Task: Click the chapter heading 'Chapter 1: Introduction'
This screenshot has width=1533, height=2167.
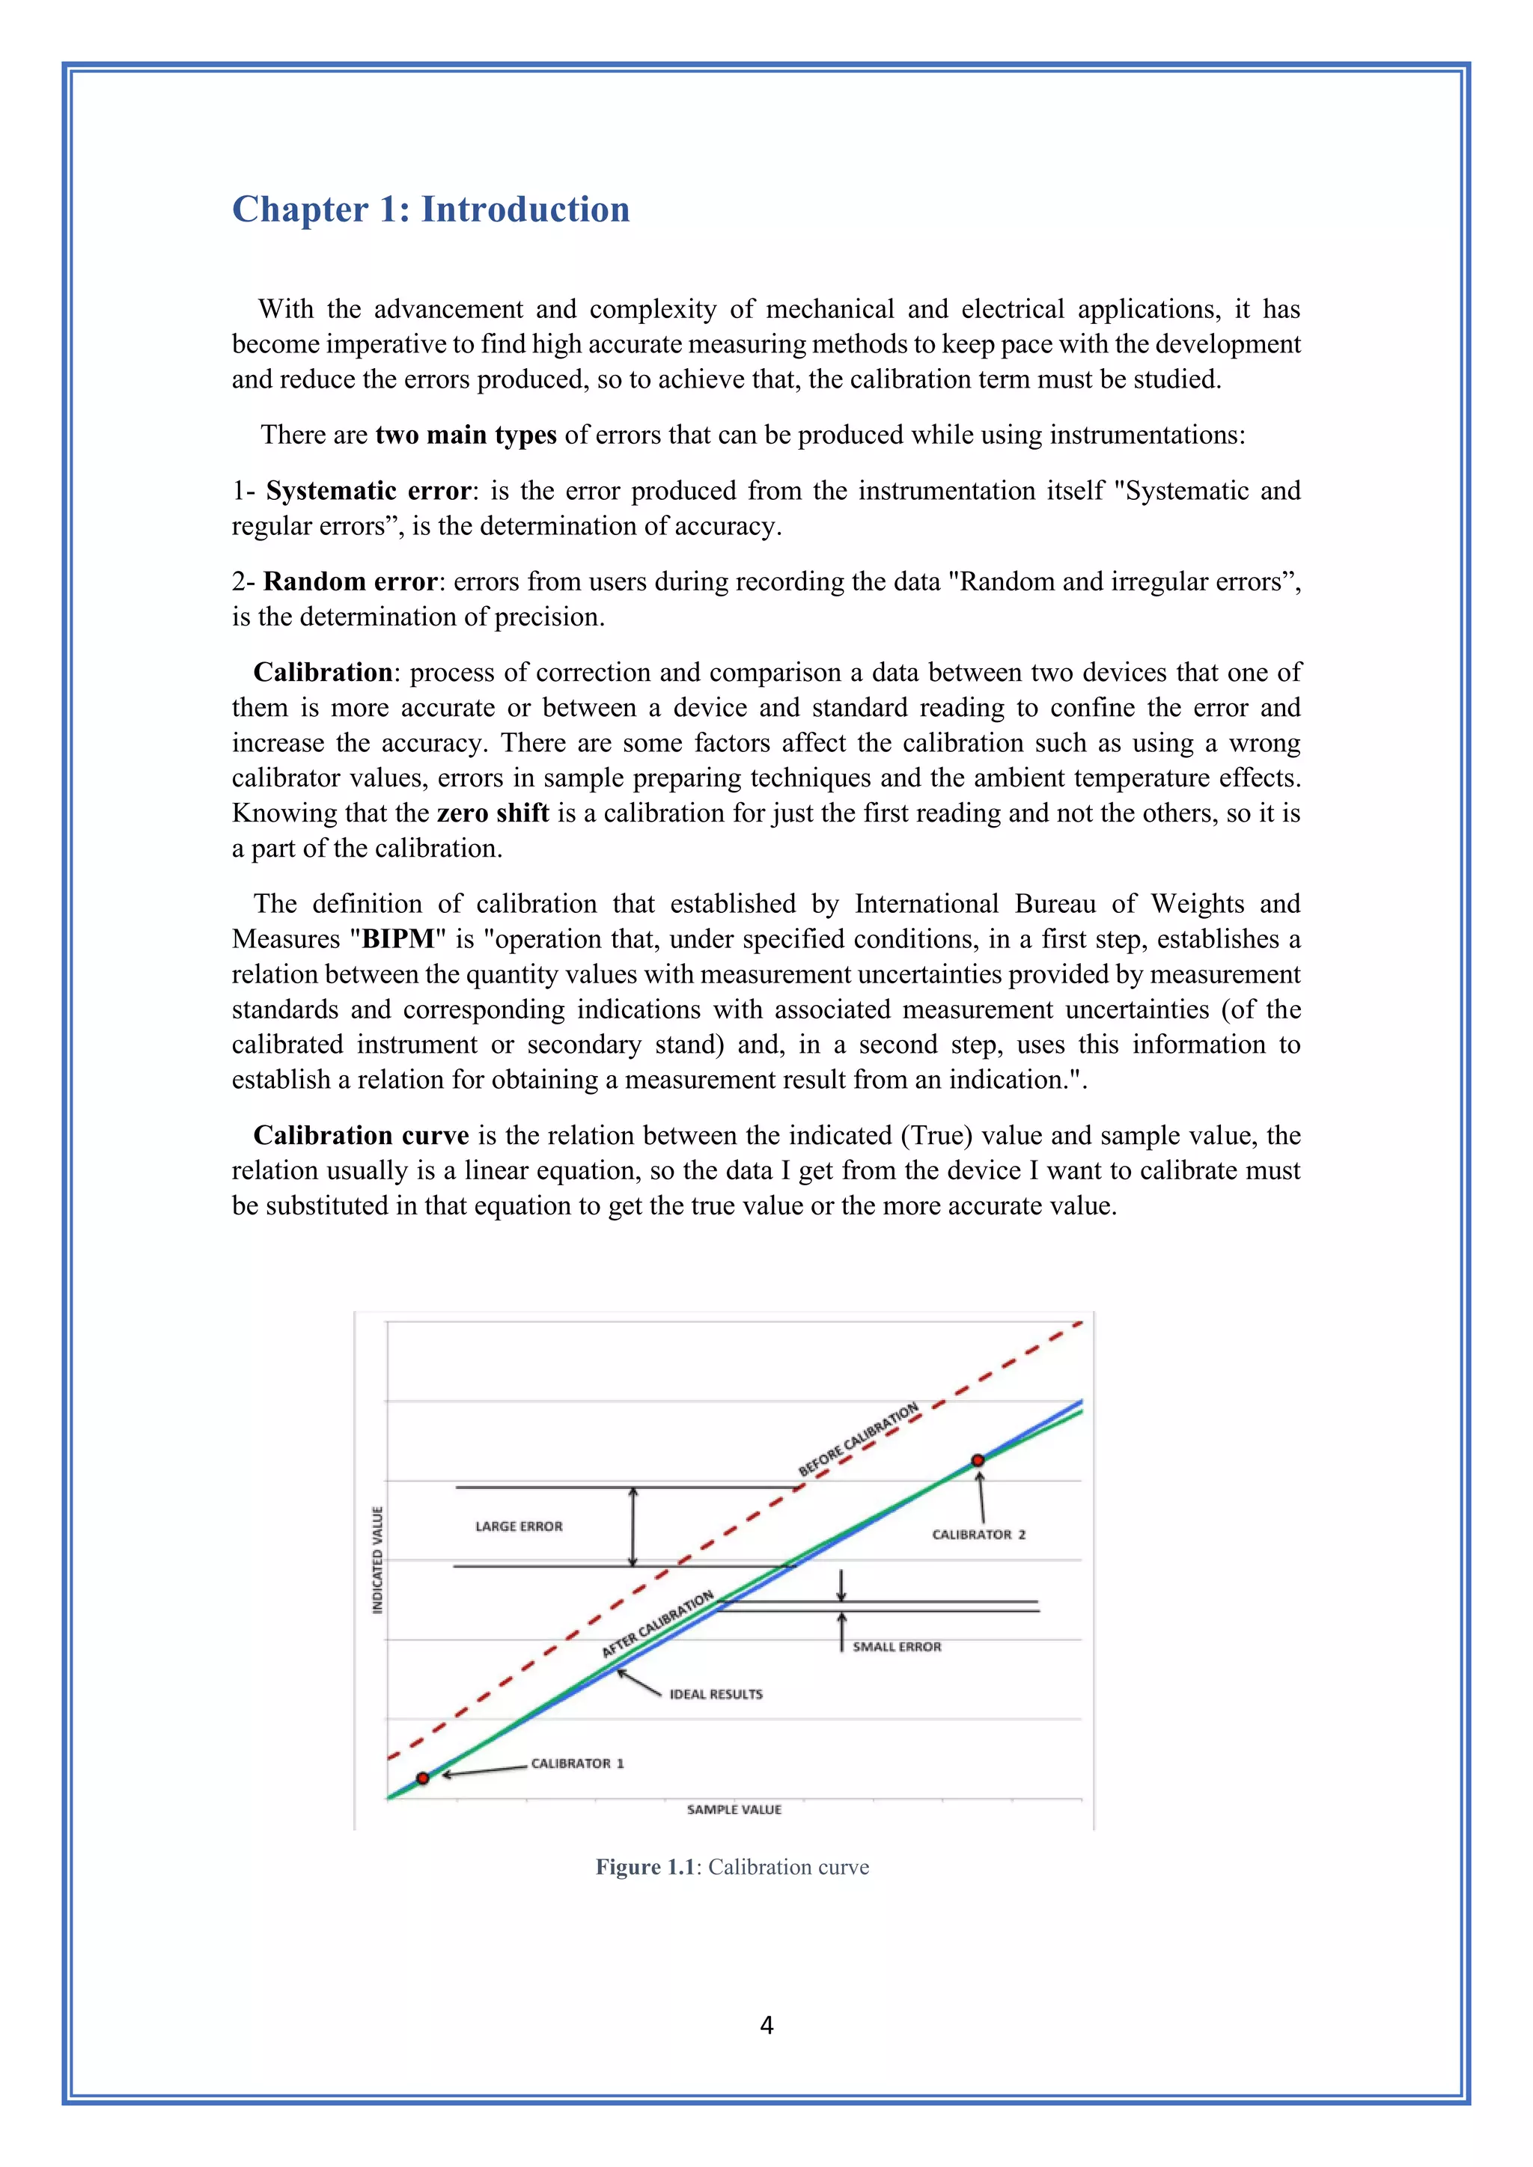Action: (430, 210)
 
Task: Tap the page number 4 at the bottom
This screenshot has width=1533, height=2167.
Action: (766, 2026)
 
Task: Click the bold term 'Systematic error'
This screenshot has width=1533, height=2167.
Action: (368, 491)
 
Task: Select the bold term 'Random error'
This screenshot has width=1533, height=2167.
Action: (350, 581)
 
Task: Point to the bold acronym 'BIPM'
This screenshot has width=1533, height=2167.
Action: (397, 939)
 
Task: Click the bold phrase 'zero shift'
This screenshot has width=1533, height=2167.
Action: (493, 813)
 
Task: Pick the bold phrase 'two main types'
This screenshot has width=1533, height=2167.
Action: (466, 435)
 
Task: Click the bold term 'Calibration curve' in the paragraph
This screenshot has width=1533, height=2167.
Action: (361, 1135)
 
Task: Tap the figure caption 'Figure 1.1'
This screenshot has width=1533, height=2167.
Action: (644, 1867)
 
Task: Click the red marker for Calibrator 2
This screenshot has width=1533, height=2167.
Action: (978, 1460)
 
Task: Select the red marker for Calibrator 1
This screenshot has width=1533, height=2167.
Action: (423, 1778)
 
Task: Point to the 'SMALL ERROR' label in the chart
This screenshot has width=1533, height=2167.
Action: (897, 1647)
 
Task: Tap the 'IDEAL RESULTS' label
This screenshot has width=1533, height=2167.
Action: (716, 1694)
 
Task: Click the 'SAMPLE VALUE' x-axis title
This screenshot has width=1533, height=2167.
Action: (734, 1809)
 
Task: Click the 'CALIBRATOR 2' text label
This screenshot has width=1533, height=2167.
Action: (978, 1535)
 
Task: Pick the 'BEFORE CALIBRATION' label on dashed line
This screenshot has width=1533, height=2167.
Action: (858, 1440)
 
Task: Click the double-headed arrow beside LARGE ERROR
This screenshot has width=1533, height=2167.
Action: (633, 1526)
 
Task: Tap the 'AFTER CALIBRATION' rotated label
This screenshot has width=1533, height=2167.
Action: (658, 1623)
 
